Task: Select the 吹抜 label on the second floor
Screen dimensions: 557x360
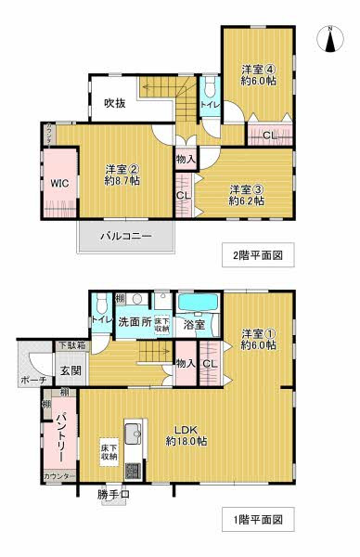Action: [x=115, y=102]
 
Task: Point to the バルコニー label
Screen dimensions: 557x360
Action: [x=126, y=238]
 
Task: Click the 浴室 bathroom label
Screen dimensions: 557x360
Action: [x=194, y=325]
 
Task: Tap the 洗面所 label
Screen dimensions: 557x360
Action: [x=133, y=322]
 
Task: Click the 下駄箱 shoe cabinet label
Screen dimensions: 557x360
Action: [x=72, y=346]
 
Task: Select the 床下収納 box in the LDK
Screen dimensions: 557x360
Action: [x=109, y=452]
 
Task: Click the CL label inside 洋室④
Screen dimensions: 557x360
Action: [x=268, y=136]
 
